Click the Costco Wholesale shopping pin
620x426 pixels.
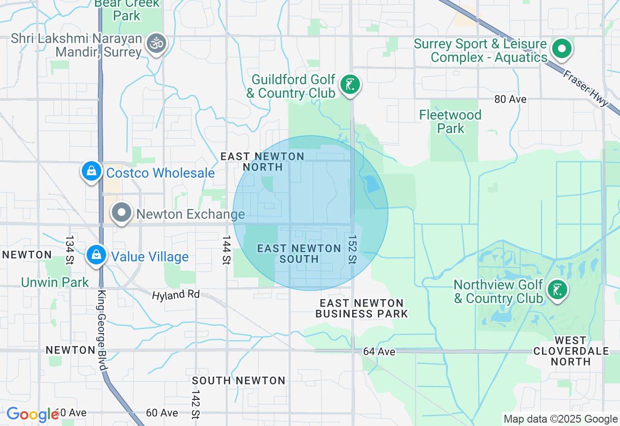[92, 171]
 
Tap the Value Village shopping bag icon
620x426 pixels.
[96, 255]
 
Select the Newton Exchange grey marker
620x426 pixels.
[122, 213]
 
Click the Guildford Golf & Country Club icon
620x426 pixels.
[350, 85]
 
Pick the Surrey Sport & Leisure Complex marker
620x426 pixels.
[562, 49]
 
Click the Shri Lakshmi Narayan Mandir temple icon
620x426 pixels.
[156, 44]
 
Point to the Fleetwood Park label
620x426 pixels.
[450, 122]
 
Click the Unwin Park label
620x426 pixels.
[55, 282]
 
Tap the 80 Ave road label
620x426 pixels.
[510, 99]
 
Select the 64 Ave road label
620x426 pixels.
[379, 351]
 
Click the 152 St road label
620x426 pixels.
[352, 250]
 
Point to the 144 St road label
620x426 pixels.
[226, 250]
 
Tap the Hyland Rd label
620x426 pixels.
[175, 294]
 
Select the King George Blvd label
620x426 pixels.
[102, 330]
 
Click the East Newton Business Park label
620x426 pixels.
[362, 308]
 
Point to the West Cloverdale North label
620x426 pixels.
[571, 351]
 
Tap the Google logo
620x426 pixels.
[33, 414]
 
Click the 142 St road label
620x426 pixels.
[196, 397]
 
